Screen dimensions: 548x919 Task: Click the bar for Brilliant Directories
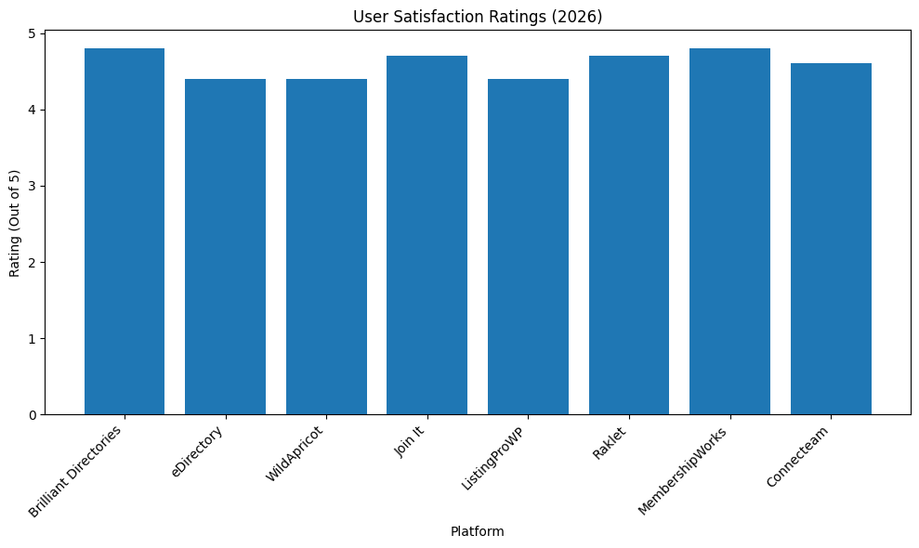(x=125, y=231)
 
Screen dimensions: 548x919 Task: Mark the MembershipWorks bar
(x=729, y=231)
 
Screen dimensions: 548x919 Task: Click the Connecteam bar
(x=831, y=239)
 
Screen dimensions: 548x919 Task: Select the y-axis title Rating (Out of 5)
(x=15, y=224)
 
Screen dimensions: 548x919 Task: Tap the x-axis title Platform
(x=478, y=532)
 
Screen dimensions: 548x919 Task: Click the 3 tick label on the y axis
(x=32, y=186)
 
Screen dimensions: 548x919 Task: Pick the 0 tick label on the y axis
(x=32, y=414)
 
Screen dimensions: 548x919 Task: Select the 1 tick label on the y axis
(x=32, y=338)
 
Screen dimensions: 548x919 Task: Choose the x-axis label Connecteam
(x=799, y=455)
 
